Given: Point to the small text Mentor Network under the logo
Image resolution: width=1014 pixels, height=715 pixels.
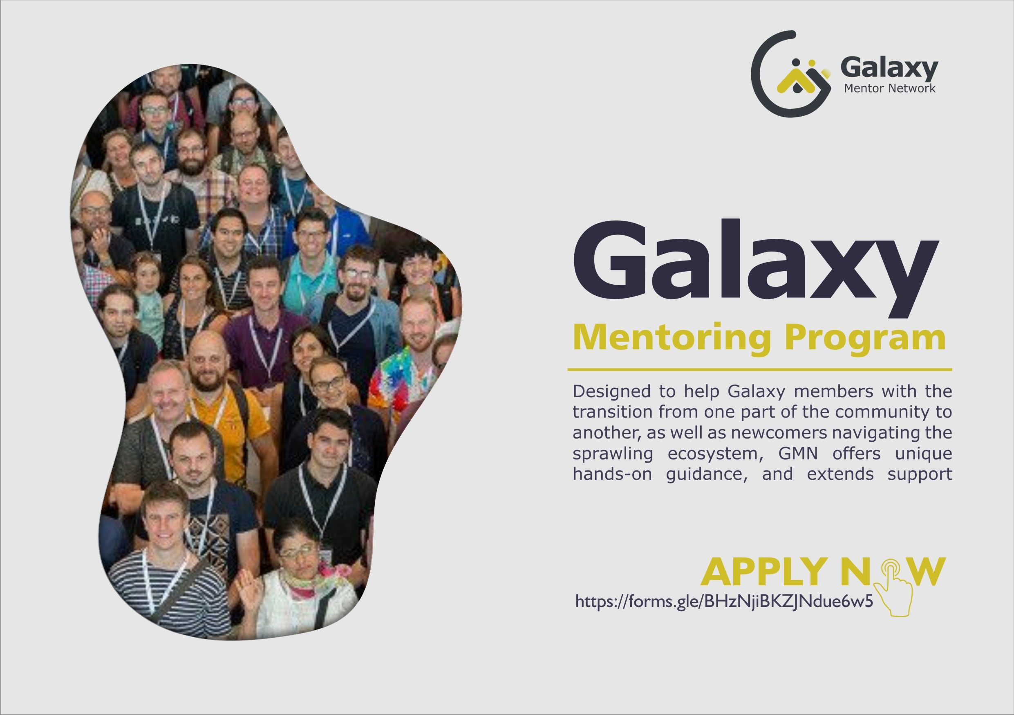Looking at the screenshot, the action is click(889, 88).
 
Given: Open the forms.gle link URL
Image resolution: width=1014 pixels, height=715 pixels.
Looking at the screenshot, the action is click(724, 601).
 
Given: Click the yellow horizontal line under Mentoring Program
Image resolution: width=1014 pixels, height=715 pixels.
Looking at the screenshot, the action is click(760, 369).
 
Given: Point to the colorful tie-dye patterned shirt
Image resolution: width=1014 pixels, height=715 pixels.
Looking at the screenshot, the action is click(402, 380).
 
